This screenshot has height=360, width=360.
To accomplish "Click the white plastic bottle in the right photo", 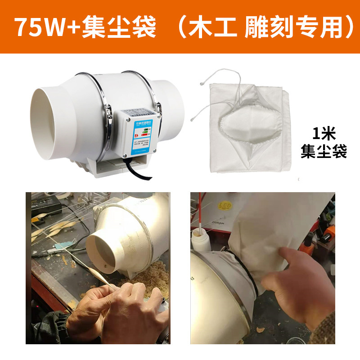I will pos(198,243).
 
